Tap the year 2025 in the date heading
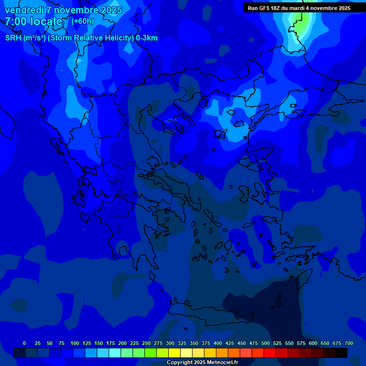click(x=110, y=10)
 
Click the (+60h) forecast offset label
click(x=82, y=21)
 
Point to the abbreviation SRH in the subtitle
click(x=13, y=38)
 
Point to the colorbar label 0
click(x=24, y=343)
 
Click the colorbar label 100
click(x=75, y=343)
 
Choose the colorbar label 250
click(x=146, y=343)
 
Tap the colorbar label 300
click(x=170, y=343)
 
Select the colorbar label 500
click(x=265, y=343)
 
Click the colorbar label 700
click(x=349, y=343)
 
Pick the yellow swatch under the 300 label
click(x=174, y=353)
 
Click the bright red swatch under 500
click(x=269, y=353)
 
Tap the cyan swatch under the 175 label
click(x=114, y=353)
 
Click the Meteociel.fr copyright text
click(x=202, y=363)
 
